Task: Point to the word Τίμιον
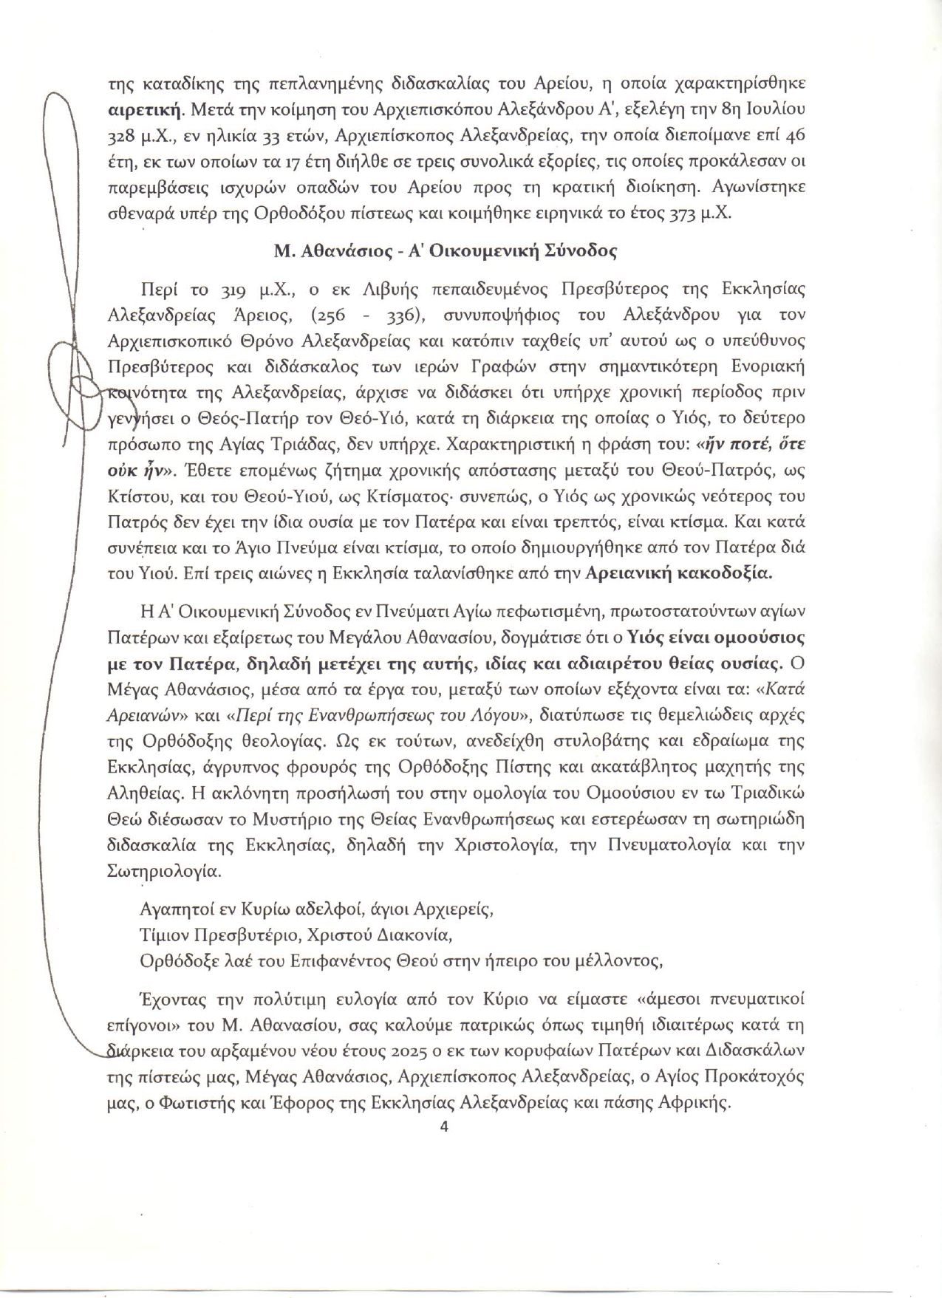point(164,935)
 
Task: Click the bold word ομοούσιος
point(762,637)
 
